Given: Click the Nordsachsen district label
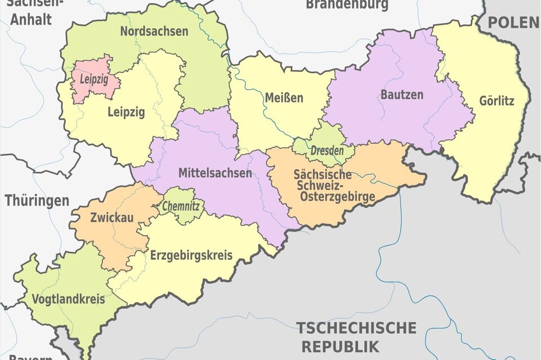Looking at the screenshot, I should (154, 31).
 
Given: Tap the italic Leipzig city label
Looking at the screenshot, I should (94, 79).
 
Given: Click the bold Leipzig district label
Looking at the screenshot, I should (126, 112).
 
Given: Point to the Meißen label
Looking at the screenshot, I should (283, 98).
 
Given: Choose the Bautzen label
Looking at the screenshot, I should (401, 95).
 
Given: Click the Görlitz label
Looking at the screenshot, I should (496, 101).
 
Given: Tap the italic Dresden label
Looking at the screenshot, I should (326, 151).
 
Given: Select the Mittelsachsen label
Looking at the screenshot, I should (215, 173).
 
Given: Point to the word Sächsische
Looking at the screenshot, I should (322, 174).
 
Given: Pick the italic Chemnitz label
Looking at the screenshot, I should (180, 206).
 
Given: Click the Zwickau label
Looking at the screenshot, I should (112, 217).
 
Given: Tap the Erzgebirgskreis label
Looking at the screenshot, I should (191, 255).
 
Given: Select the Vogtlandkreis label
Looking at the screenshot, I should (68, 299).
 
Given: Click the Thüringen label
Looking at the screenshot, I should (37, 200).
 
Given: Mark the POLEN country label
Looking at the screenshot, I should (513, 23).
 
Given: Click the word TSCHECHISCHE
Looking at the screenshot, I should (356, 328).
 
